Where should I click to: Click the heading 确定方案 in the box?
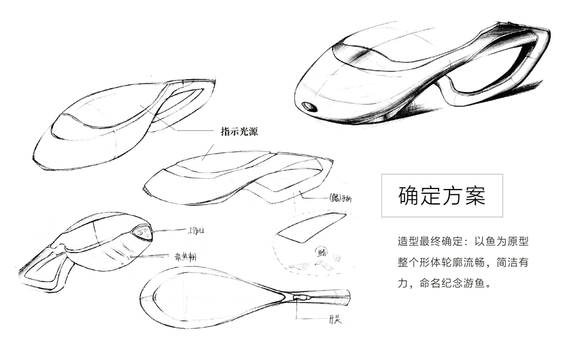442,196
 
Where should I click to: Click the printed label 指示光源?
239,132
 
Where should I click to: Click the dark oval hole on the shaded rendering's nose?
310,107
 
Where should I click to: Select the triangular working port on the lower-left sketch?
141,232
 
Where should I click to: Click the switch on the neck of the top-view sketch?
300,297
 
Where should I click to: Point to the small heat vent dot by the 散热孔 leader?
130,257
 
